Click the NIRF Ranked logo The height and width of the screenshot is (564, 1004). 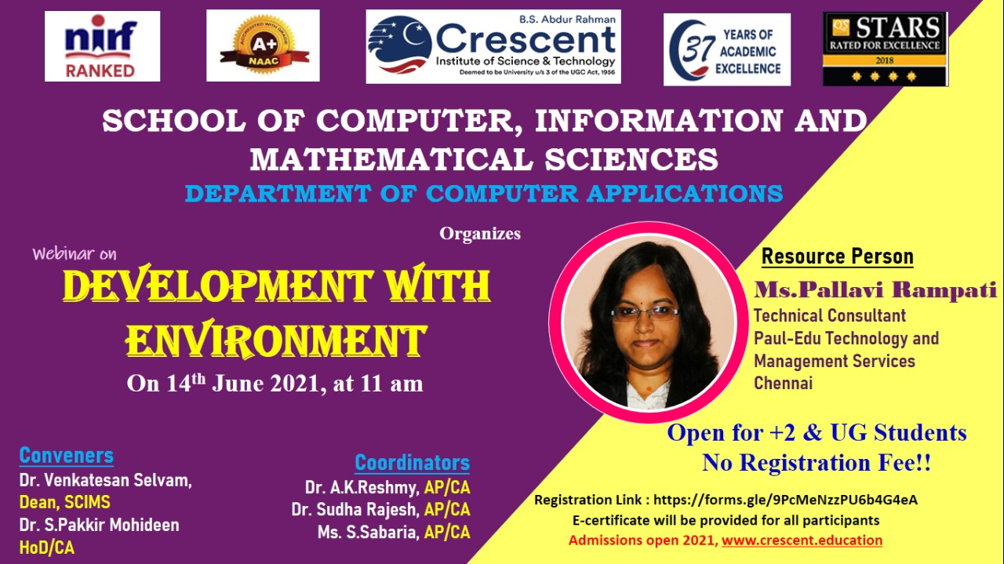tap(102, 46)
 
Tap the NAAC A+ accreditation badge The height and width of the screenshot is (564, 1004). tap(263, 45)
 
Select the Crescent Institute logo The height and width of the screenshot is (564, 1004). tap(493, 46)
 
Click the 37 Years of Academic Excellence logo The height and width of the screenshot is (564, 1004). tap(726, 49)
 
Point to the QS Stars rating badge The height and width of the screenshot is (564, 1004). tap(886, 49)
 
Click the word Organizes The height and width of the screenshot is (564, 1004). tap(480, 234)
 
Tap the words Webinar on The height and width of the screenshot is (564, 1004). tap(75, 253)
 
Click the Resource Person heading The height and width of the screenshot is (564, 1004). tap(837, 257)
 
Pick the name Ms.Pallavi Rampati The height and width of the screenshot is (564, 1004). tap(875, 289)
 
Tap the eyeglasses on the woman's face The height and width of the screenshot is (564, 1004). tap(646, 315)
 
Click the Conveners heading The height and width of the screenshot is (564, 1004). tap(67, 456)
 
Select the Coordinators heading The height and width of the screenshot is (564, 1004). tap(413, 463)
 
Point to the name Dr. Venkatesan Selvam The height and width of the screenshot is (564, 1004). tap(105, 480)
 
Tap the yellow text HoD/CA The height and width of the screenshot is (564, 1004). tap(46, 548)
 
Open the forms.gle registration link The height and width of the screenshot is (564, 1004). tap(785, 500)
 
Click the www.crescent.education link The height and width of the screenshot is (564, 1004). tap(802, 540)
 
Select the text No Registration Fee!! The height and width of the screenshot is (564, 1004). tap(817, 462)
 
